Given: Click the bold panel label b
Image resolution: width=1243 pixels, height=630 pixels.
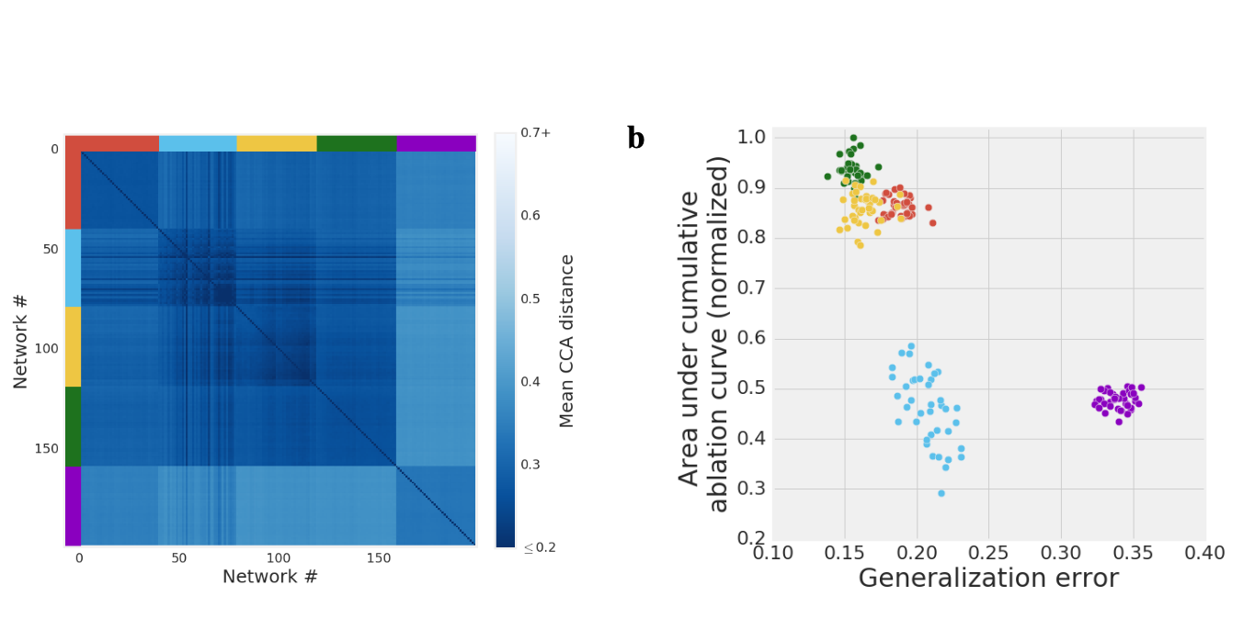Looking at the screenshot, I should (x=635, y=139).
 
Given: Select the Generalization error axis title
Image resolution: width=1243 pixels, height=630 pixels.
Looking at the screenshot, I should (x=988, y=579).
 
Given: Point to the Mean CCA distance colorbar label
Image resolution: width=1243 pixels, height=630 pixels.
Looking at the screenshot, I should (x=567, y=341).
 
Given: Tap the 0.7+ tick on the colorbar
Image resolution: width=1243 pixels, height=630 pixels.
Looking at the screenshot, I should (x=536, y=133).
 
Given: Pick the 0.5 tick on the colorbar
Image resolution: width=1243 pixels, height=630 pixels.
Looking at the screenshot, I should (x=531, y=298).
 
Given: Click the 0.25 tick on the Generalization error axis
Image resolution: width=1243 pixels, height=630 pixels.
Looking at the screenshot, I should (x=988, y=553).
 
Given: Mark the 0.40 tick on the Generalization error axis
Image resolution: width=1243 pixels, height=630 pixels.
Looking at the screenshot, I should (x=1205, y=553).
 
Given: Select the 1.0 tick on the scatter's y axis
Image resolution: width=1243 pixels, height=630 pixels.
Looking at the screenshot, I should (x=752, y=138).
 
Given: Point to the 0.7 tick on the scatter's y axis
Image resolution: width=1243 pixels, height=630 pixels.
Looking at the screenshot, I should (x=752, y=288).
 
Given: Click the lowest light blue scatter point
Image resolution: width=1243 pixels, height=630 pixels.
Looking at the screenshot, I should (x=941, y=493).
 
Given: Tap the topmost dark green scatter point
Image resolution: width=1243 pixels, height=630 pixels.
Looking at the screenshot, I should (x=853, y=138).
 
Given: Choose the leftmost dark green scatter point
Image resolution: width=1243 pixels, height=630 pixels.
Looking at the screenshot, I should (x=827, y=176).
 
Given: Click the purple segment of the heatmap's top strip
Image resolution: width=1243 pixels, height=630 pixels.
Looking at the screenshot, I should (x=436, y=143).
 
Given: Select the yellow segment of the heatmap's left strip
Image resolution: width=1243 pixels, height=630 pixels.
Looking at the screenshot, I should (x=73, y=346).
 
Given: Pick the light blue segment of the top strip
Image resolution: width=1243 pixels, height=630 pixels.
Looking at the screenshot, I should (x=198, y=143).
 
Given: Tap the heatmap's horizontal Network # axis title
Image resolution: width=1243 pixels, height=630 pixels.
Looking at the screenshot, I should (x=270, y=577).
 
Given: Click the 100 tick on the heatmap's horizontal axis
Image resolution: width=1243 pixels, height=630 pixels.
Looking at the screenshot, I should (x=279, y=557).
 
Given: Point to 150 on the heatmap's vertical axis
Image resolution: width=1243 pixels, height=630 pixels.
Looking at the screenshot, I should (x=45, y=448).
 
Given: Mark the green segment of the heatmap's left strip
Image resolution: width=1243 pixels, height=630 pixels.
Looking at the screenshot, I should (x=73, y=426).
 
